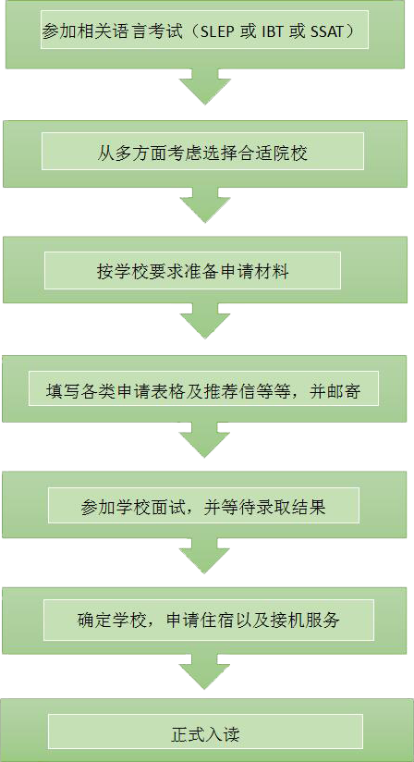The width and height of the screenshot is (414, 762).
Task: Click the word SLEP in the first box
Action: (x=214, y=32)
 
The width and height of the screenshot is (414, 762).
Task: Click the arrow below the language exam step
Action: (x=205, y=86)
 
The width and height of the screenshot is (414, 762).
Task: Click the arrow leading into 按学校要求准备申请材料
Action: (x=205, y=205)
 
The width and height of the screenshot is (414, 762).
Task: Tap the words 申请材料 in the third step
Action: (x=262, y=271)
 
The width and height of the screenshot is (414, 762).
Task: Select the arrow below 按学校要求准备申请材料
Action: (x=205, y=321)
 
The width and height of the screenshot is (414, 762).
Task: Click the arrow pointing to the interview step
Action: (x=204, y=440)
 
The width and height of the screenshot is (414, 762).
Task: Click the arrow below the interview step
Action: (x=204, y=556)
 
